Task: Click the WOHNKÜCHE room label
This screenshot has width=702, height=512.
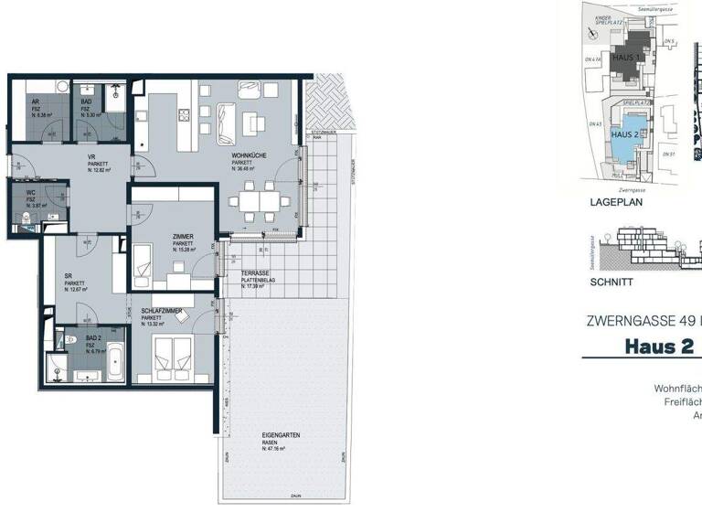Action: (x=248, y=156)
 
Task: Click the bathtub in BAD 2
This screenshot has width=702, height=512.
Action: (x=116, y=361)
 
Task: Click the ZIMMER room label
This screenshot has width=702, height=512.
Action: (x=183, y=236)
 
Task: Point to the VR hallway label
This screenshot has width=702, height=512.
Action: (x=91, y=157)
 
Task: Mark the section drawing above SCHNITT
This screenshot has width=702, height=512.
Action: (x=640, y=250)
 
